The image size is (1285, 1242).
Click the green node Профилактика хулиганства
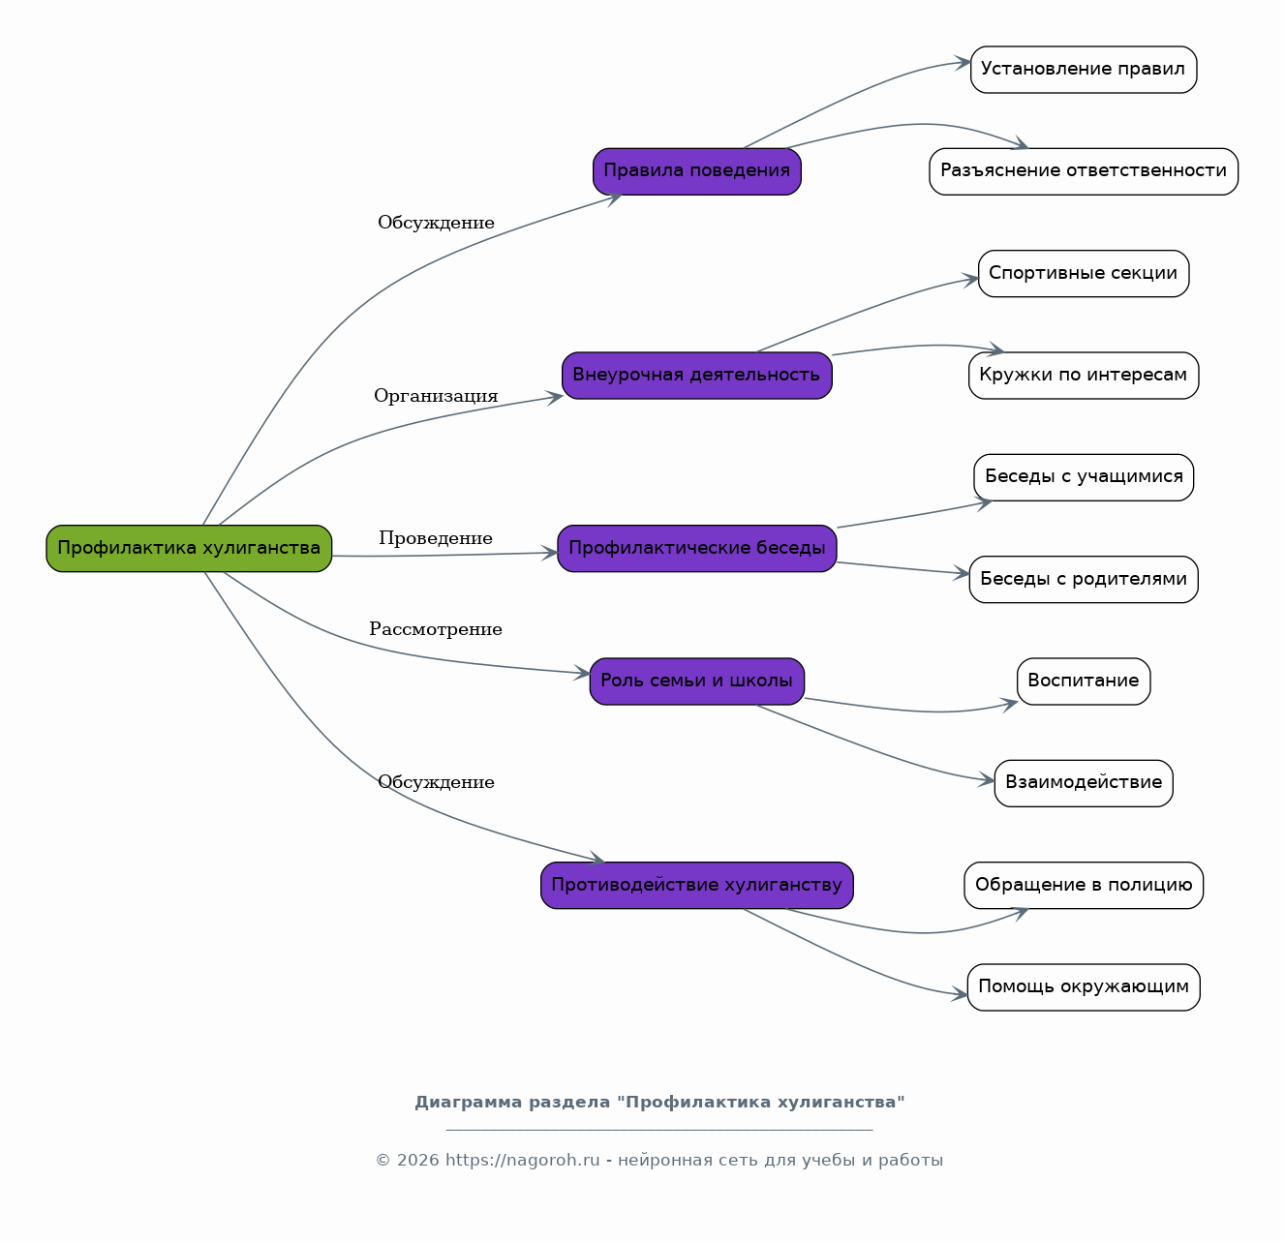point(189,549)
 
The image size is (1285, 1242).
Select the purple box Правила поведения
point(697,171)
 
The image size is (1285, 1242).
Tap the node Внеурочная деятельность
point(697,376)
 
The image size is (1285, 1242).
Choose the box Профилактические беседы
point(697,549)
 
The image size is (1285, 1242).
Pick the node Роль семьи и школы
point(697,682)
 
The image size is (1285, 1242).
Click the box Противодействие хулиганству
point(697,886)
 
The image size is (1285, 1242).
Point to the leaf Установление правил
point(1084,70)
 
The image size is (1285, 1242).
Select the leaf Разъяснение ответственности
point(1084,171)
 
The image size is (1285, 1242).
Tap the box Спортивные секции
point(1084,273)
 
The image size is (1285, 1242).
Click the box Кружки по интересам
point(1084,376)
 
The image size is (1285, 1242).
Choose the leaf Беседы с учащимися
point(1084,477)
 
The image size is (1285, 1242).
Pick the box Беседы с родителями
point(1084,580)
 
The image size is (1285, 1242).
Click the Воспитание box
point(1084,682)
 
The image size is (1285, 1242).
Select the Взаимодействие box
point(1084,784)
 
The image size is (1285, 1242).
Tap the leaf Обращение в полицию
point(1084,886)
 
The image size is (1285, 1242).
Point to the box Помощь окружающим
point(1084,987)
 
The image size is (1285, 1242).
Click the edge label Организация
point(436,396)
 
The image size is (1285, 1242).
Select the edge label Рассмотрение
point(436,629)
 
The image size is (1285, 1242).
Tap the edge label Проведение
point(436,539)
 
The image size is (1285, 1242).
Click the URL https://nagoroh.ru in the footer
point(522,1160)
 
